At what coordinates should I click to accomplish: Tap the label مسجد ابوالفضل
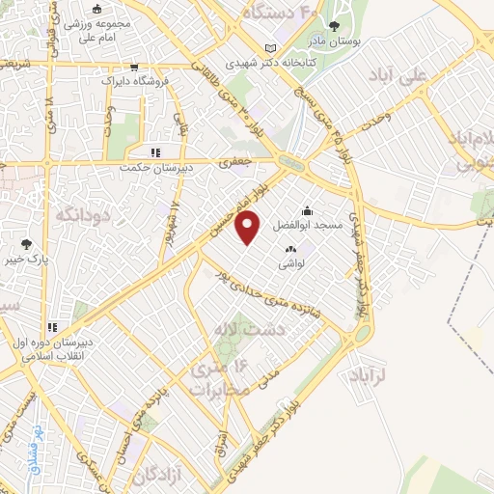tap(308, 225)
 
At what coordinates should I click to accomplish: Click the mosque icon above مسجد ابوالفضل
tap(307, 210)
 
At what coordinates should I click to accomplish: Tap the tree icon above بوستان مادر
tap(335, 27)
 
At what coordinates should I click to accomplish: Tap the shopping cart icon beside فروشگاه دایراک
tap(132, 68)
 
